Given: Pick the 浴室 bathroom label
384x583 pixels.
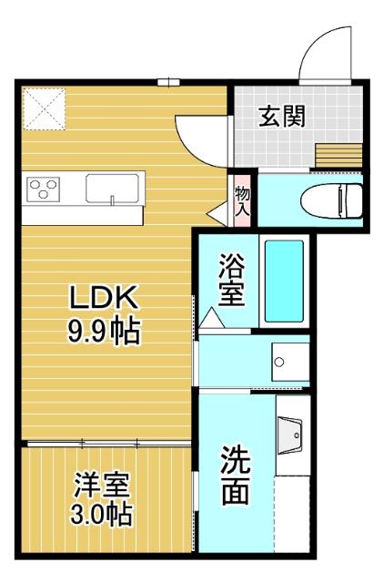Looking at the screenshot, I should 230,281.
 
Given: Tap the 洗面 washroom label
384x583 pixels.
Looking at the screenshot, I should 236,475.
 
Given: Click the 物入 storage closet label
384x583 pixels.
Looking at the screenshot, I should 241,200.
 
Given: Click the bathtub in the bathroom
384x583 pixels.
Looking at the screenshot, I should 284,281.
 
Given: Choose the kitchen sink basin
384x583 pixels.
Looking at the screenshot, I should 110,189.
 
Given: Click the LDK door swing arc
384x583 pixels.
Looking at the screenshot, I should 197,137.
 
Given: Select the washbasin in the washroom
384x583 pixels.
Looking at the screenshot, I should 292,437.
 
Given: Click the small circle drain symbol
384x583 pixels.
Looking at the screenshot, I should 279,362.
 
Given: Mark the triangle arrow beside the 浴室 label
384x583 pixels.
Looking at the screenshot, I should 210,318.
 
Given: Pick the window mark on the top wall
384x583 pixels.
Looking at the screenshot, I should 168,82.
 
